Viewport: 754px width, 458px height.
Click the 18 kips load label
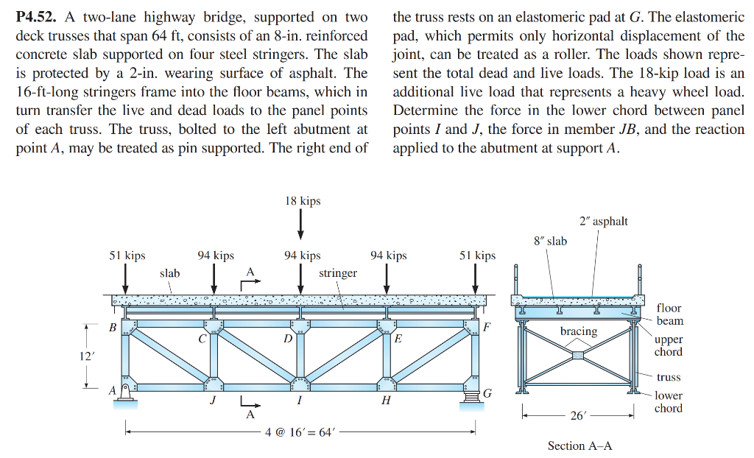[x=303, y=201]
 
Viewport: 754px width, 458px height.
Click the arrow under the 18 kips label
[x=301, y=224]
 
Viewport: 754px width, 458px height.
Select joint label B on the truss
[x=113, y=327]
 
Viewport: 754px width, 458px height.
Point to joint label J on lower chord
[x=213, y=400]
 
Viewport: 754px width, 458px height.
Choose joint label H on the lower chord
[x=386, y=400]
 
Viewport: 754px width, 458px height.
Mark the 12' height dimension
[x=86, y=356]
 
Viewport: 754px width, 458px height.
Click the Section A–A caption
[x=579, y=445]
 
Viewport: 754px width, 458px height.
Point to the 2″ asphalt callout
[x=604, y=222]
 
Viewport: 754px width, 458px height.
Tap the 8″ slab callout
[x=550, y=241]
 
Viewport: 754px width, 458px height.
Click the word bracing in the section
[x=579, y=331]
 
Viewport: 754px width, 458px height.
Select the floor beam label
[x=669, y=314]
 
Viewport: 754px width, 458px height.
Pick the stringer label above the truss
[x=338, y=273]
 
